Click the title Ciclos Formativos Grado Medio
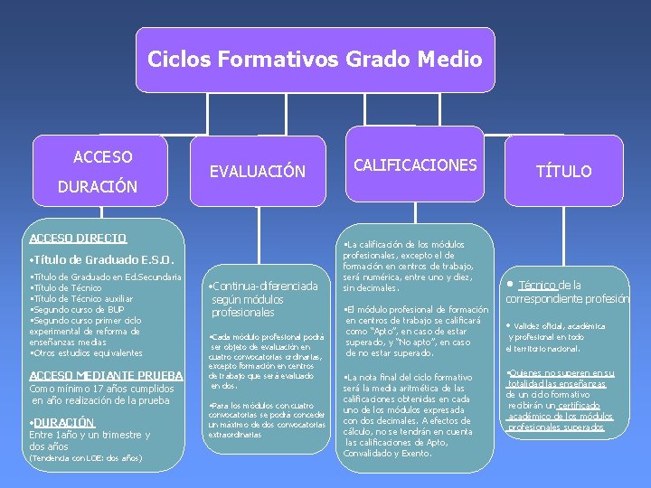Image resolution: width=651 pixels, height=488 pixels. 315,60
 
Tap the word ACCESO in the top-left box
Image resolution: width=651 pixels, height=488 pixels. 102,157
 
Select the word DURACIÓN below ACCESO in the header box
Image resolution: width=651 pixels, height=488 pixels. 97,187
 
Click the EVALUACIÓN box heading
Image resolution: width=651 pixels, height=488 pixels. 258,171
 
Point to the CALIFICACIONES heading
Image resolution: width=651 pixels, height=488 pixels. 415,164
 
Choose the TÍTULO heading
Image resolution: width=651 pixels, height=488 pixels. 563,171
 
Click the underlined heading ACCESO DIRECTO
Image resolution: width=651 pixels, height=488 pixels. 78,239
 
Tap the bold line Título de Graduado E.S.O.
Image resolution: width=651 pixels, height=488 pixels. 94,258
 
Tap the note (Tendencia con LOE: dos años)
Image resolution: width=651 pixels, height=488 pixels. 85,458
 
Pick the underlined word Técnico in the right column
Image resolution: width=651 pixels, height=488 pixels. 537,285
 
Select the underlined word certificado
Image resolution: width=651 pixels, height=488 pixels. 578,406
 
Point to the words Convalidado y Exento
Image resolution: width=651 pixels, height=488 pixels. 388,453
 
